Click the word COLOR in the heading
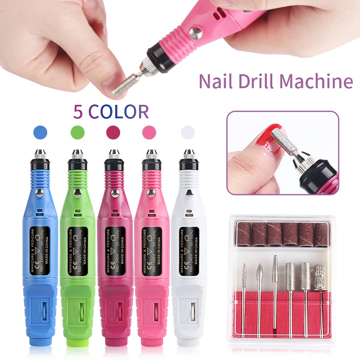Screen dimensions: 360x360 point(119,111)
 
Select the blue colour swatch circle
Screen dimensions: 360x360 point(40,132)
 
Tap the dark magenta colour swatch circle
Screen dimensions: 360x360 point(113,132)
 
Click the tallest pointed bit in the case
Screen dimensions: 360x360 point(274,270)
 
